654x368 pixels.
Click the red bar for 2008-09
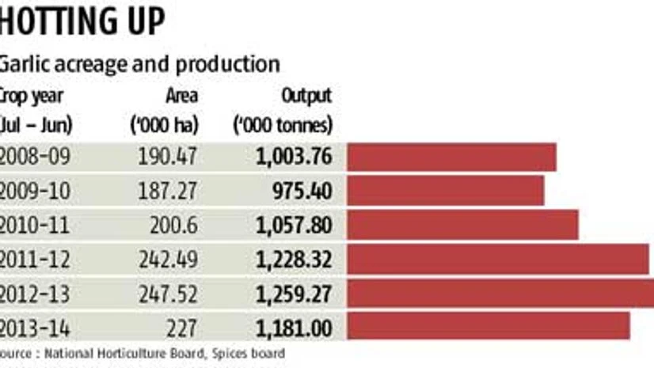click(451, 157)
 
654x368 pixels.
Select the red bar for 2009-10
click(445, 191)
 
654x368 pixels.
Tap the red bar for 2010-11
click(462, 225)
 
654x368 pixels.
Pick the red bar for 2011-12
click(497, 259)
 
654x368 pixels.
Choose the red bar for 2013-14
click(488, 326)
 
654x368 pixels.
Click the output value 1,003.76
click(293, 157)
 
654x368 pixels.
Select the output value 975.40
click(302, 191)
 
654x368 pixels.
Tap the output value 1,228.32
click(293, 259)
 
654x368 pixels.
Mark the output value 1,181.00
click(293, 327)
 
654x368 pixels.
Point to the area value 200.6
click(175, 225)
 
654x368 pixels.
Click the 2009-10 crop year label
click(36, 191)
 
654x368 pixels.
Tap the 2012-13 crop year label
click(36, 293)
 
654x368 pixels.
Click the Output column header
click(306, 96)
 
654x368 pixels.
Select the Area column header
click(181, 96)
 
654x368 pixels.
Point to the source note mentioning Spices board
click(143, 353)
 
